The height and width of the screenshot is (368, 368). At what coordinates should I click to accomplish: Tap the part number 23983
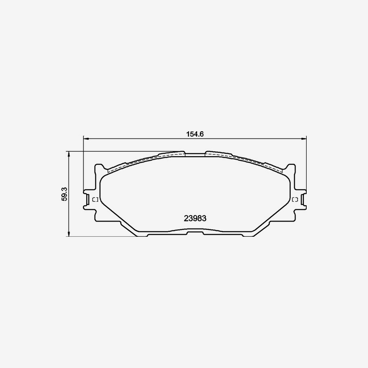[195, 218]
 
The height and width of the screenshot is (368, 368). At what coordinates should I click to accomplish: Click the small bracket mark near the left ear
[95, 200]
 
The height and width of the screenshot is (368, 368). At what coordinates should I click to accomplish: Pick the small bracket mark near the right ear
[295, 200]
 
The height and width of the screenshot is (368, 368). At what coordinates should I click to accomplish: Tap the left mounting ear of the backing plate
[87, 200]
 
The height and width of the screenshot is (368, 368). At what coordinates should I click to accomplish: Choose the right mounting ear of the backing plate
[303, 200]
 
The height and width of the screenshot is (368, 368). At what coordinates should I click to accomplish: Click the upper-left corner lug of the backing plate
[99, 168]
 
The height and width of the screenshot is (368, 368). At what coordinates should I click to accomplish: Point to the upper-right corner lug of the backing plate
[291, 168]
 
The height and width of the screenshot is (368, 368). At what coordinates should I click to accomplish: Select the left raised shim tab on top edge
[172, 154]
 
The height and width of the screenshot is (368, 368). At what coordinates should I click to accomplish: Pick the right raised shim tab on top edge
[218, 154]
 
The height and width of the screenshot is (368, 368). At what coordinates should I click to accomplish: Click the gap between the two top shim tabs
[195, 154]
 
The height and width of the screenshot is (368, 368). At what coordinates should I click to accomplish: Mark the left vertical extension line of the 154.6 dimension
[83, 164]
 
